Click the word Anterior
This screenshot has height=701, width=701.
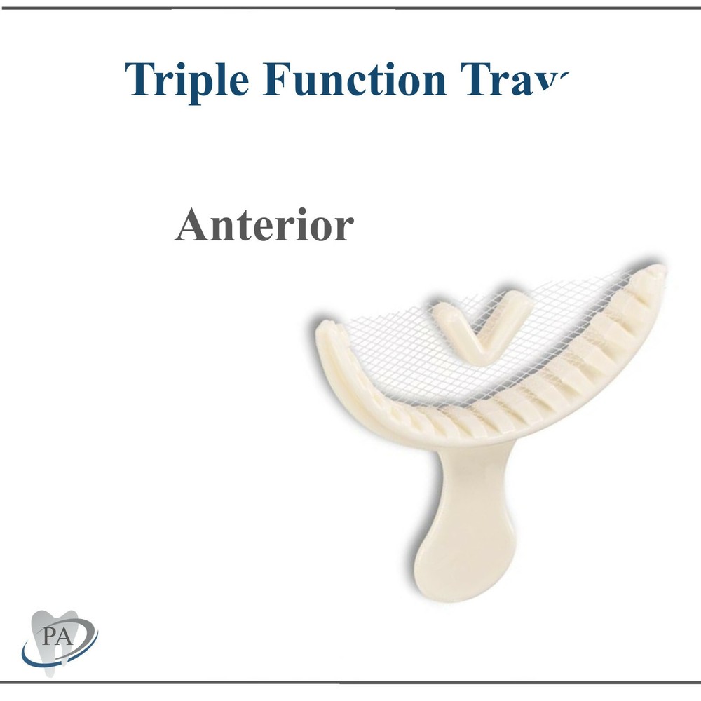[264, 226]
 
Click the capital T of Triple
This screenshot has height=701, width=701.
[139, 79]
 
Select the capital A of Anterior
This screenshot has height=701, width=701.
[191, 226]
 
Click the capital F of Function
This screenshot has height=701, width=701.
[279, 79]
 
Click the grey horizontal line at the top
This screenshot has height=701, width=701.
[350, 8]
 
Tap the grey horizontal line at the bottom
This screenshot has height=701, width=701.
[350, 681]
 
